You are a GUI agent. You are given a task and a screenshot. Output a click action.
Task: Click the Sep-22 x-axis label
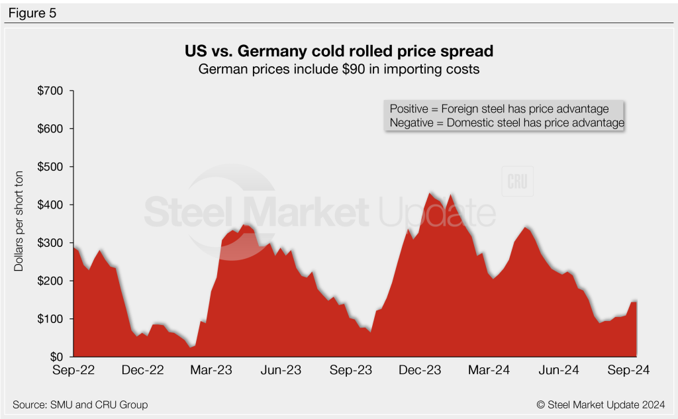click(73, 371)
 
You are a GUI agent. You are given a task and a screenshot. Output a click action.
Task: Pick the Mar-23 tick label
click(211, 371)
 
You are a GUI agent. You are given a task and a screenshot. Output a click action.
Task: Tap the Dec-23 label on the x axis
click(420, 371)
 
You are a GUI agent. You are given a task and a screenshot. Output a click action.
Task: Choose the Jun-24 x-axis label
click(558, 371)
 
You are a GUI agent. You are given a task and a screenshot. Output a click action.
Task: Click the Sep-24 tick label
click(628, 371)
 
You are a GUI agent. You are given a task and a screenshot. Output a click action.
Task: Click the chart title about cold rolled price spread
click(338, 51)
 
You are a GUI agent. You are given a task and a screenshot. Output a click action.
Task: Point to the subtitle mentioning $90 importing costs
click(338, 68)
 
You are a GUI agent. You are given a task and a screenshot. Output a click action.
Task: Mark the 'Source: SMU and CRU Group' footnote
click(80, 404)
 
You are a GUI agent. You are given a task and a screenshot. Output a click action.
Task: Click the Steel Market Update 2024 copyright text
click(601, 404)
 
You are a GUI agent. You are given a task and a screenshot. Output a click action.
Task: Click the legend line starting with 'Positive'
click(504, 109)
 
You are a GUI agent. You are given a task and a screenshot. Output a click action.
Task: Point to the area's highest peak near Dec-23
click(430, 193)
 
